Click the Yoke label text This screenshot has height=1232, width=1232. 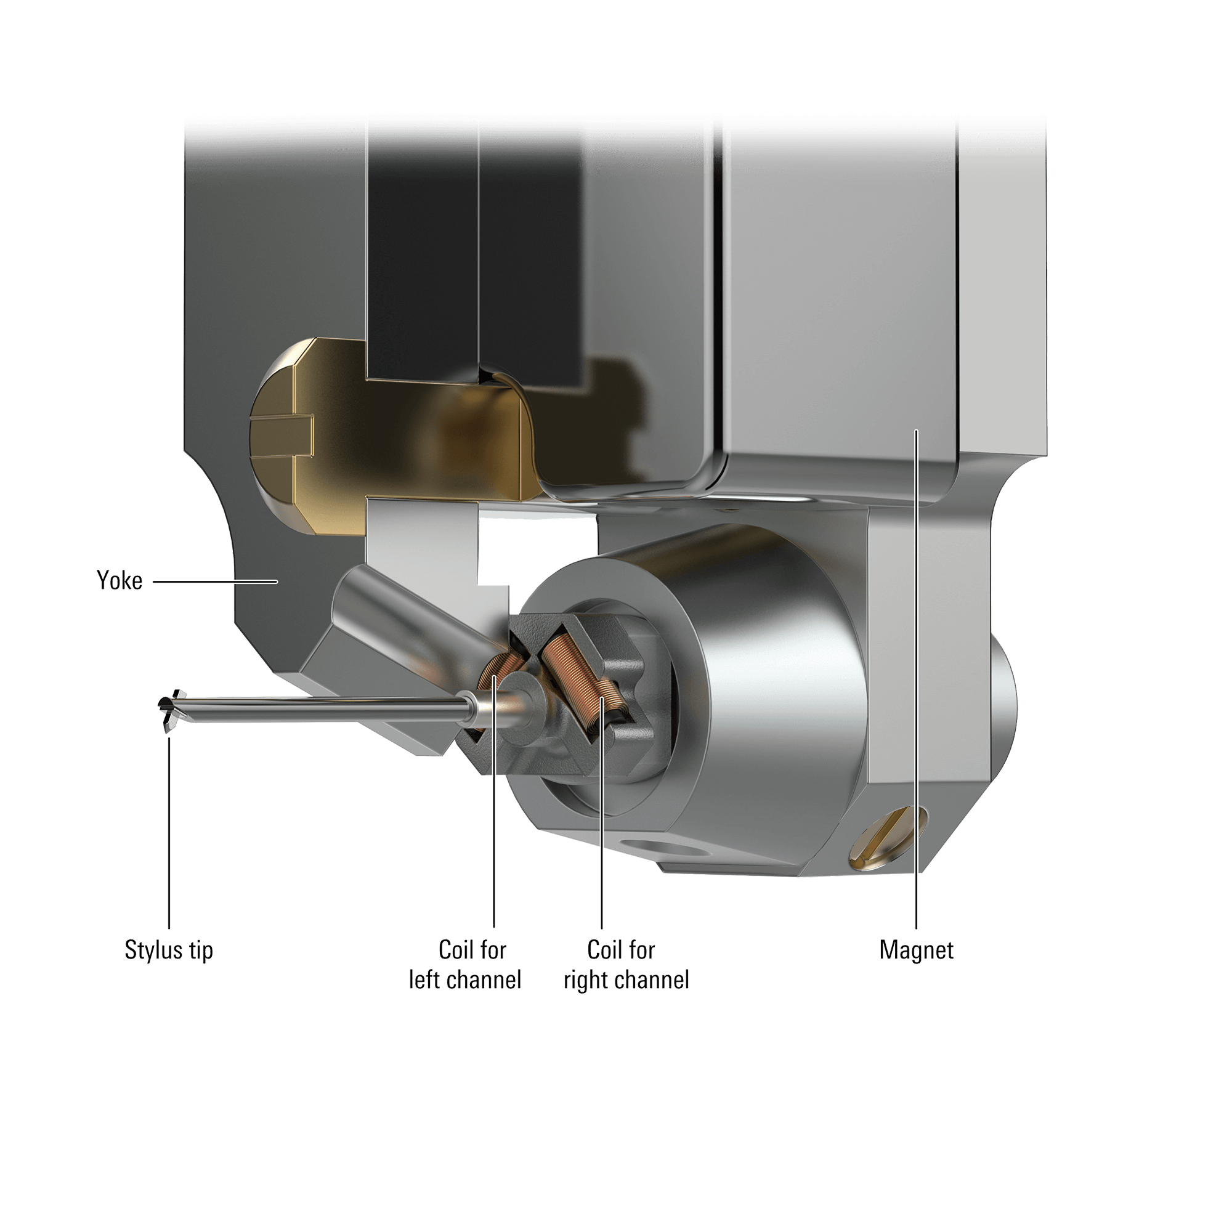point(120,581)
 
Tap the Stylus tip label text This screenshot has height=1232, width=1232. point(168,950)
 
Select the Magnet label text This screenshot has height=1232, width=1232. point(917,950)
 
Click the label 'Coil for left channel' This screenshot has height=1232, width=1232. point(466,965)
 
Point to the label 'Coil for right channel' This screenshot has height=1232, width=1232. point(626,965)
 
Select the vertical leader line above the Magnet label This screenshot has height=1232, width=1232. point(917,702)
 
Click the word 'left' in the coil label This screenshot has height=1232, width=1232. point(424,979)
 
